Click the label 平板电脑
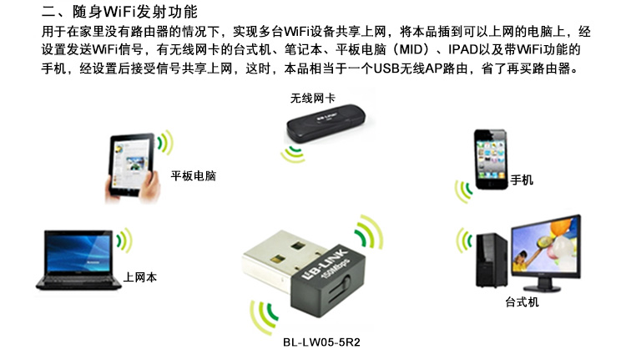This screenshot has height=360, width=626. (x=194, y=175)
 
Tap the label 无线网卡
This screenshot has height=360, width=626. (x=313, y=98)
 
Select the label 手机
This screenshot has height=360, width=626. (x=522, y=180)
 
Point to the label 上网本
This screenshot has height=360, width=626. (x=139, y=277)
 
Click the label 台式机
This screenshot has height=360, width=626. (x=522, y=302)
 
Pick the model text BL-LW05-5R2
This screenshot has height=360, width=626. (x=321, y=342)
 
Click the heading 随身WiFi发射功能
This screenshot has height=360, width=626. (x=135, y=12)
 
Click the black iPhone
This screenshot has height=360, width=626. (x=491, y=159)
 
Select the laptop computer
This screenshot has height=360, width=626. (x=78, y=259)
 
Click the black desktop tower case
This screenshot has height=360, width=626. (x=492, y=260)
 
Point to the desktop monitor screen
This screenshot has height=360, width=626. (x=545, y=249)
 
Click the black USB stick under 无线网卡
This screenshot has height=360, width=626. (x=326, y=123)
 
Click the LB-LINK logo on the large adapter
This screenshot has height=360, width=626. (x=324, y=264)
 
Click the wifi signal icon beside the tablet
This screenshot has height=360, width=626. (x=165, y=142)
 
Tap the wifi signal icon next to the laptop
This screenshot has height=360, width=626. (x=124, y=240)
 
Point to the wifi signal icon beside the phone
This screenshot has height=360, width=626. (x=463, y=191)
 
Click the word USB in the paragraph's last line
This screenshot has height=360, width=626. (x=386, y=68)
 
